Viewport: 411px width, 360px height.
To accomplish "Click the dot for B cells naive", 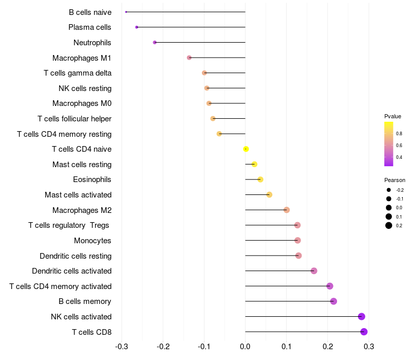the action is [126, 12].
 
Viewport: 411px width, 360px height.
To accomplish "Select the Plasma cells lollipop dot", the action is [137, 27].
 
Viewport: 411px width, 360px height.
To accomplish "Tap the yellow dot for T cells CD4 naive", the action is [246, 149].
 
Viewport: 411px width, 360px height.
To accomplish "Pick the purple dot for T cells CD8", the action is [364, 332].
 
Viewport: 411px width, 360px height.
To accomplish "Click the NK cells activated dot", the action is [362, 316].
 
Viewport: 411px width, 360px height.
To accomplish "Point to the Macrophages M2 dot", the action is [287, 210].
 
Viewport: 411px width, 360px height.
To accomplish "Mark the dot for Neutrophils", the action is [155, 42].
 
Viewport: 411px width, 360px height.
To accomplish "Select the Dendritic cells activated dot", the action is [314, 271].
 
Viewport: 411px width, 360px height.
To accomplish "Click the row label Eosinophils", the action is [92, 179].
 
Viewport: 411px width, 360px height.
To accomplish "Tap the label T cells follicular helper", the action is [74, 119].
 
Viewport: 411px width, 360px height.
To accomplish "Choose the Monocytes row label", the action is [92, 241].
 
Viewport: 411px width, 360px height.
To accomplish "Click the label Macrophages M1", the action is [82, 58].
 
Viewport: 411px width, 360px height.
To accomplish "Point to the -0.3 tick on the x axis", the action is [122, 347].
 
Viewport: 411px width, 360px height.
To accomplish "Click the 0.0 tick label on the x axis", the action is [245, 347].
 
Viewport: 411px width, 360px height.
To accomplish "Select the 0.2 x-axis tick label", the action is [328, 347].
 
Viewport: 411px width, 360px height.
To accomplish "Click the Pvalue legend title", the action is [393, 116].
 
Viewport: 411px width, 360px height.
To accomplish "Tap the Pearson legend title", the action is [395, 180].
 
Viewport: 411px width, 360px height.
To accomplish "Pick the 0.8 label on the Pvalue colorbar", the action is [399, 134].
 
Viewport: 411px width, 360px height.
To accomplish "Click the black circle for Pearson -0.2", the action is [389, 190].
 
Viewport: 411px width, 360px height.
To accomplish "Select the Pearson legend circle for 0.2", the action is [389, 225].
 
